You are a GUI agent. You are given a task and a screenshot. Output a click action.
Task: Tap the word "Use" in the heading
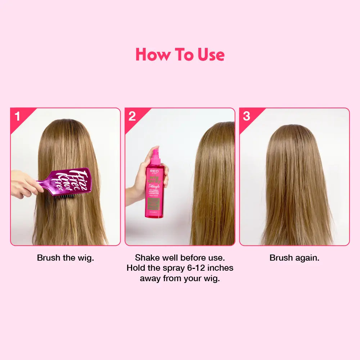tap(211, 55)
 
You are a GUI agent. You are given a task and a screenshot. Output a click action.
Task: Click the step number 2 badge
tap(132, 116)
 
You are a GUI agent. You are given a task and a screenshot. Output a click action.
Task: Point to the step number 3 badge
tap(247, 116)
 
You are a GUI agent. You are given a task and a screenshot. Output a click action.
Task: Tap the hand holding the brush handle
tap(25, 184)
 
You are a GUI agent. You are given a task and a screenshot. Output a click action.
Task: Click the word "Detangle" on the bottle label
tap(155, 187)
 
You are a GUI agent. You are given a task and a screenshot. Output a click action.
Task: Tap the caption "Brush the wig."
tap(66, 258)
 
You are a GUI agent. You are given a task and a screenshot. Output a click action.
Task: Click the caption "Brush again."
tap(294, 258)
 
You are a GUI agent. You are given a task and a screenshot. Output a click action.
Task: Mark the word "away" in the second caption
tap(150, 279)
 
